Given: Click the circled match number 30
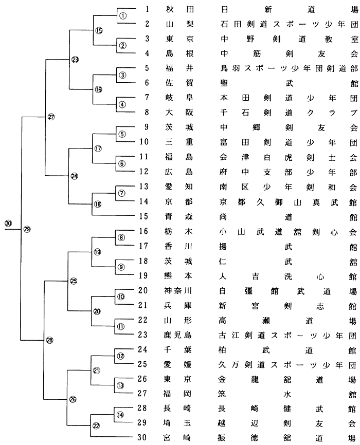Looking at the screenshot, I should coord(8,223).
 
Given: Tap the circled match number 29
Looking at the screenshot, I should coord(27,229).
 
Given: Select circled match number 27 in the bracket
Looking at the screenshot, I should coord(51,117).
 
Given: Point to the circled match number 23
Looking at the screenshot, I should coord(75,60).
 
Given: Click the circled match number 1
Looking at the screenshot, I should coord(122,15).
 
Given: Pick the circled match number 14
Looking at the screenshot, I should coord(120,414).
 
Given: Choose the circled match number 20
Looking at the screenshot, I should coord(97,311).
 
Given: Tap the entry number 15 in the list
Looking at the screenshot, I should coord(143,217).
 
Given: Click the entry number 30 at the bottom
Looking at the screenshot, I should coord(143,438).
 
